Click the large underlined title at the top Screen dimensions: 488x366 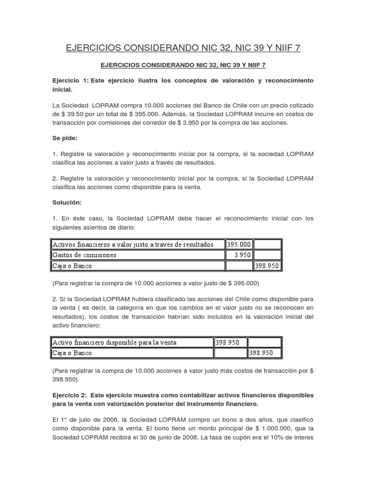[x=183, y=48]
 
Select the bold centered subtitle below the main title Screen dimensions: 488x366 [x=183, y=64]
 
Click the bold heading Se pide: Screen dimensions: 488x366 [x=65, y=138]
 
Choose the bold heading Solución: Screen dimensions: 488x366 [x=67, y=203]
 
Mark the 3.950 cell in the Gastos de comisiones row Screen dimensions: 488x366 [x=242, y=255]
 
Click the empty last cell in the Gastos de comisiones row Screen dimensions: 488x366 [x=268, y=255]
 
